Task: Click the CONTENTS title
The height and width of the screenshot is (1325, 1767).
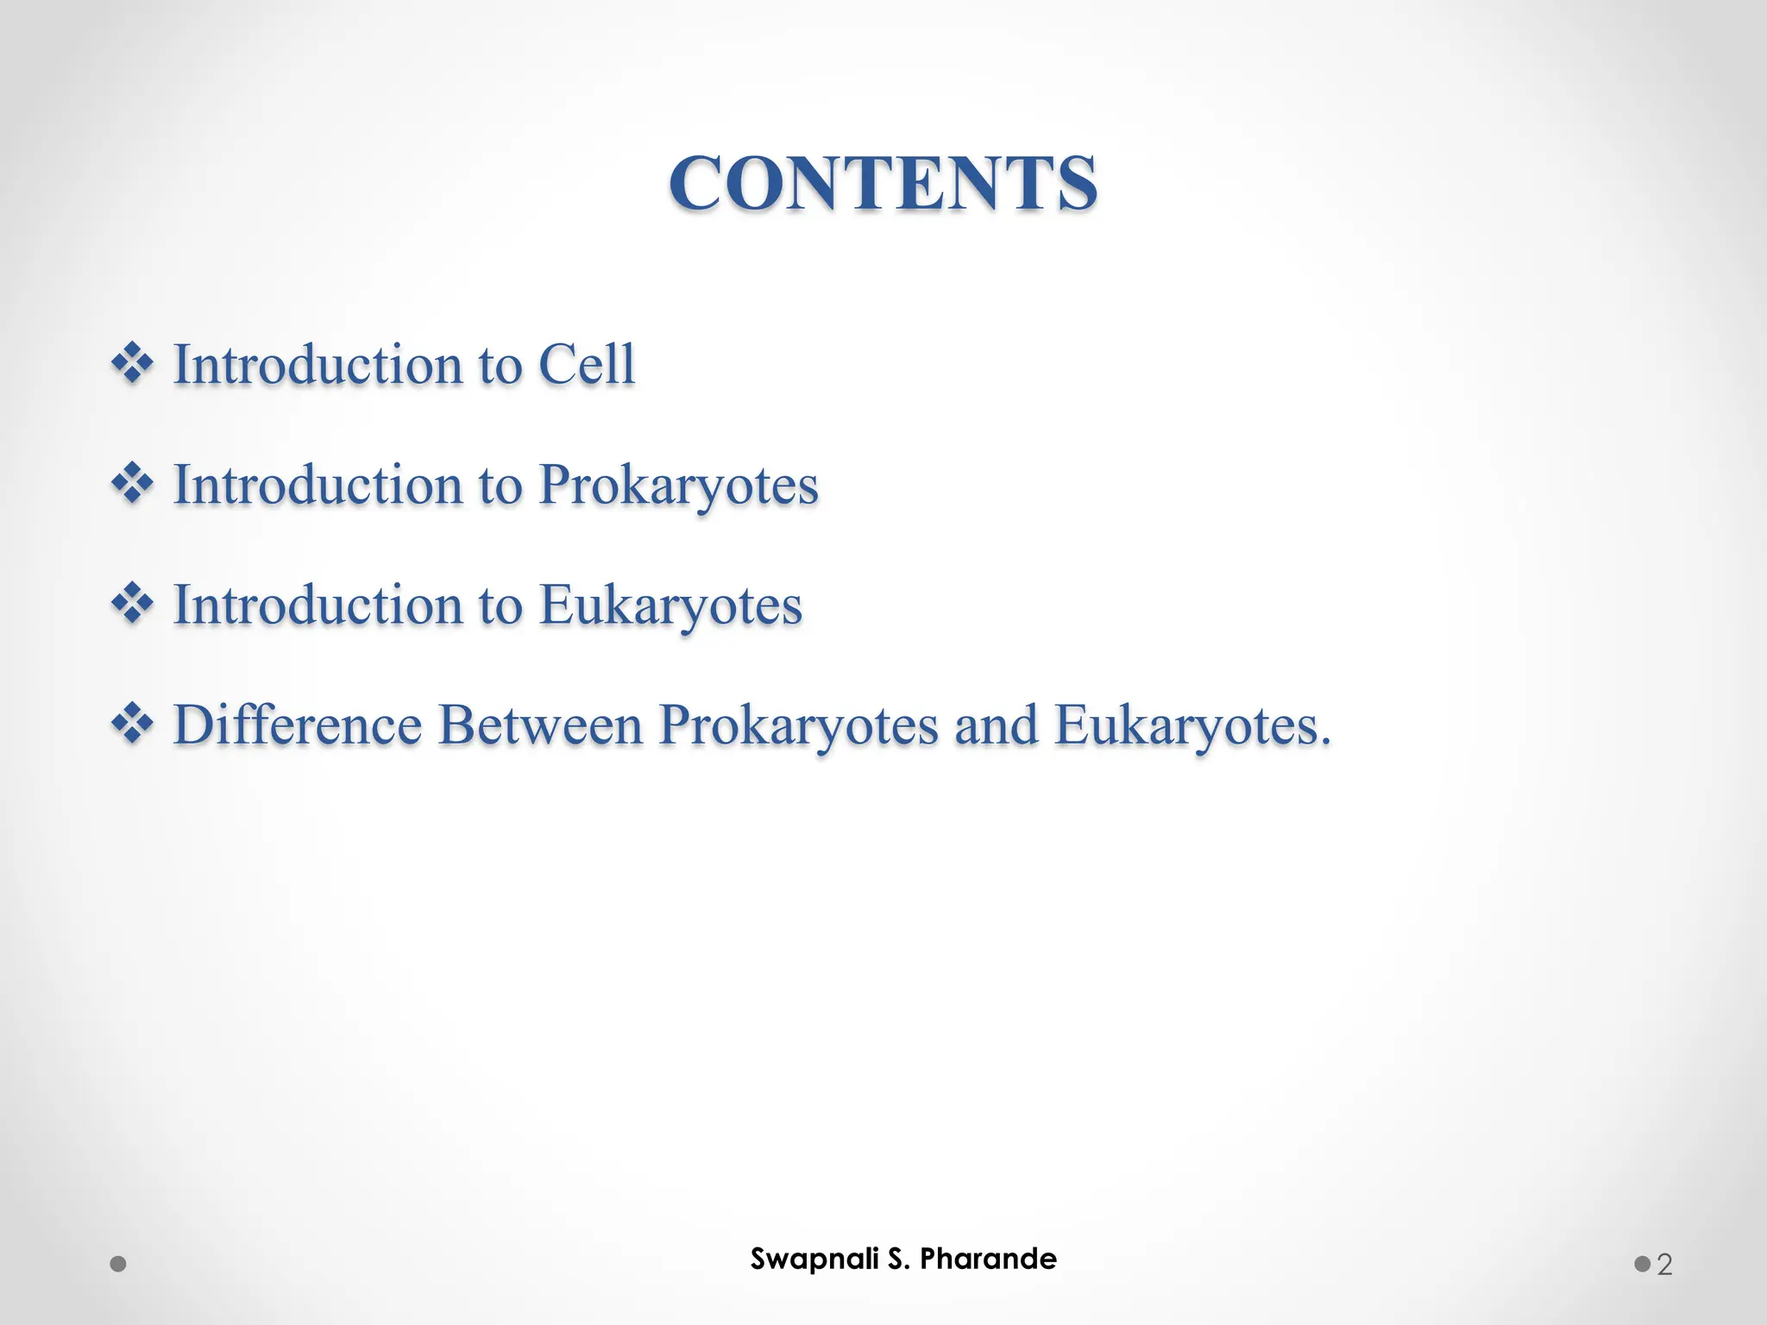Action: pyautogui.click(x=883, y=183)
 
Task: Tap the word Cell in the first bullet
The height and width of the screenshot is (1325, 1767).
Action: pyautogui.click(x=587, y=364)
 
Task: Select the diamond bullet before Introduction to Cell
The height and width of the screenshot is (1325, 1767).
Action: pyautogui.click(x=132, y=363)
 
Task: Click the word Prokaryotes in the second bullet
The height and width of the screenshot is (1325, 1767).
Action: pyautogui.click(x=678, y=485)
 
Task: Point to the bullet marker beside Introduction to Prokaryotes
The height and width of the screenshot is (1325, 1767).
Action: pyautogui.click(x=132, y=483)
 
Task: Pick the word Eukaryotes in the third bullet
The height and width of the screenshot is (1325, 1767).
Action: pyautogui.click(x=670, y=605)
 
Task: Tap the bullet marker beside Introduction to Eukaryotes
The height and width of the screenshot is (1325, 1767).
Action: pyautogui.click(x=132, y=603)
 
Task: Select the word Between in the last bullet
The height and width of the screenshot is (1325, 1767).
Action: pyautogui.click(x=541, y=725)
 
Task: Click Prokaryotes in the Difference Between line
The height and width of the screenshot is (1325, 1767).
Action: pyautogui.click(x=798, y=726)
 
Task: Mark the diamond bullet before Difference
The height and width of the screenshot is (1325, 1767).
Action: pyautogui.click(x=132, y=723)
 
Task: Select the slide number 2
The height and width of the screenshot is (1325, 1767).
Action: pyautogui.click(x=1664, y=1265)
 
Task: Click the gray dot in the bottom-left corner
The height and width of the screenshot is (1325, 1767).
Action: pyautogui.click(x=119, y=1265)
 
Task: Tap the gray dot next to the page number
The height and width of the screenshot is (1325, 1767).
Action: pyautogui.click(x=1642, y=1265)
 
